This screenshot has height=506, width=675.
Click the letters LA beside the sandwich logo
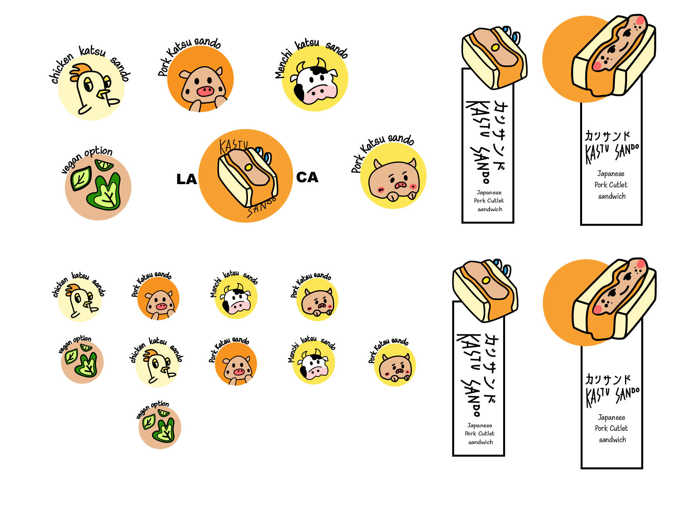tap(186, 179)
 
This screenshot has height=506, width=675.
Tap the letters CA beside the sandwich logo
tap(307, 178)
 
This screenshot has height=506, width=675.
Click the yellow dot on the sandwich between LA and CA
tap(248, 167)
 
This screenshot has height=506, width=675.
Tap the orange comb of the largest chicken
tap(81, 70)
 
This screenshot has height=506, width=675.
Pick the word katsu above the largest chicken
tap(92, 51)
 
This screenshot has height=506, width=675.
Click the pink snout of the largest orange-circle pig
tap(205, 91)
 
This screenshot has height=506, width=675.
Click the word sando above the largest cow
tap(337, 50)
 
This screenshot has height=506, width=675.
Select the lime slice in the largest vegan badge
tap(104, 165)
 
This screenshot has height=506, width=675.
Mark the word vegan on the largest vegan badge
tap(71, 164)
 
